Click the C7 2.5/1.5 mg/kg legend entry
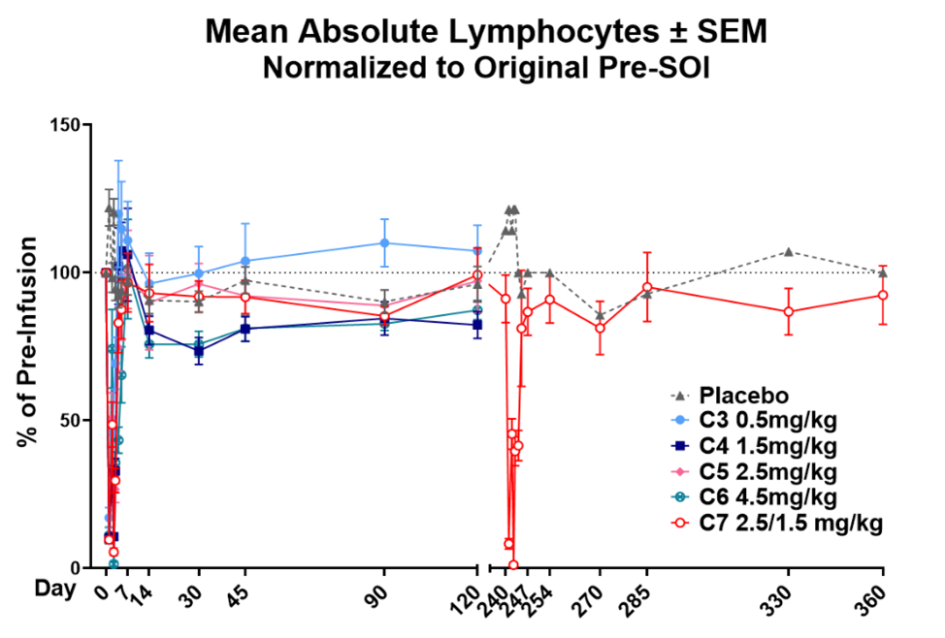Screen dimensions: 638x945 [x=781, y=524]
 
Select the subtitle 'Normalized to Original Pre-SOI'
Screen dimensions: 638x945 [x=485, y=69]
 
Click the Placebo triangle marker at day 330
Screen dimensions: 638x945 [x=788, y=252]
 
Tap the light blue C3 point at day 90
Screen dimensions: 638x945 [x=385, y=242]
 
